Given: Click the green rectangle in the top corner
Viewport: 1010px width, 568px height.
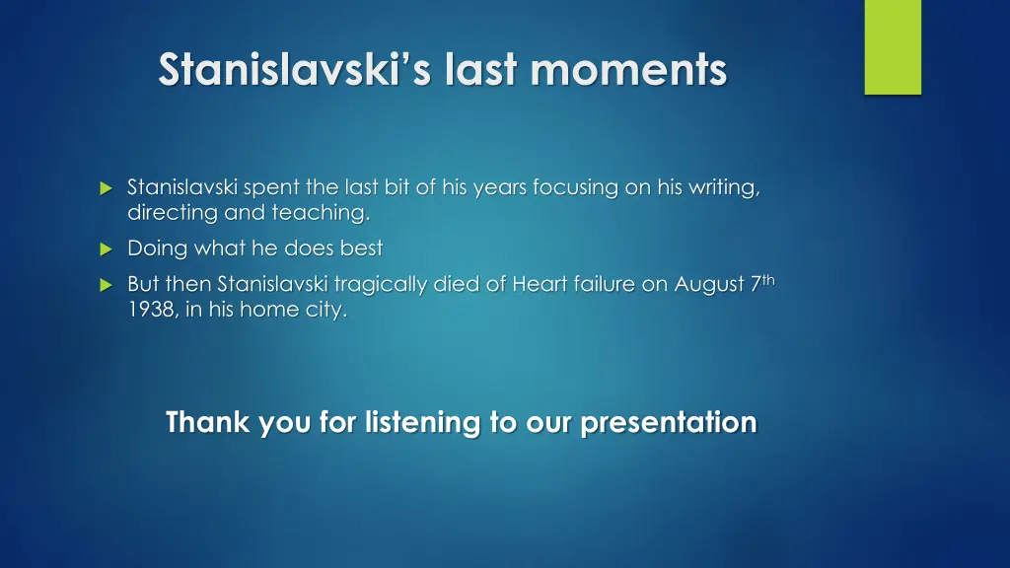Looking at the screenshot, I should click(893, 46).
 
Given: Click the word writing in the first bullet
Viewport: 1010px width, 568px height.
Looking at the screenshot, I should click(724, 188).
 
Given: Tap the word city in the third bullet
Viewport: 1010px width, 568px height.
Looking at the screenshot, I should click(326, 310).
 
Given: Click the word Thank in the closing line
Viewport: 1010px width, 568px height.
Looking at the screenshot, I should click(208, 423).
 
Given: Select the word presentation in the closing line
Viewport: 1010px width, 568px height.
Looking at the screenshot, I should click(668, 423).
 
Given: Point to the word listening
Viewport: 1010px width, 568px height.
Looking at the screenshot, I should click(422, 423).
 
